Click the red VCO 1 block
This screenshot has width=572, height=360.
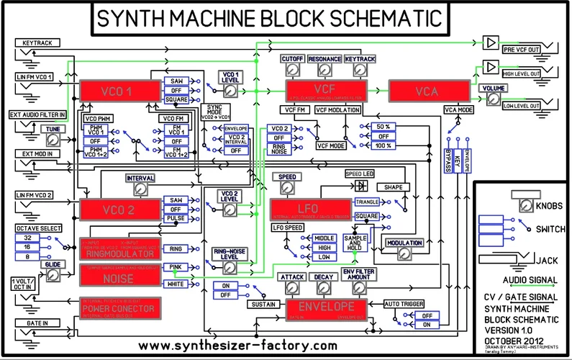[119, 91]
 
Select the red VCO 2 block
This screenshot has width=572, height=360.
[119, 210]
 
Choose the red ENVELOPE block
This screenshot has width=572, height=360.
[327, 306]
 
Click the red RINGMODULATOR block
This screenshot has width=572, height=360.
[119, 249]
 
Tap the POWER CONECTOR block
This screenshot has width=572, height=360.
[119, 307]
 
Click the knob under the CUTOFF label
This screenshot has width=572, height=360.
[291, 70]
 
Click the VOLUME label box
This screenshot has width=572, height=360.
[494, 88]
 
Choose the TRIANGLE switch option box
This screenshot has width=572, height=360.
[366, 202]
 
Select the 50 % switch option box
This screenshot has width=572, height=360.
[383, 126]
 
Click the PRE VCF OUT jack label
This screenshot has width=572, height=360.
[522, 49]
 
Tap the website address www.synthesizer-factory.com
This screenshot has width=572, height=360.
[237, 345]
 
